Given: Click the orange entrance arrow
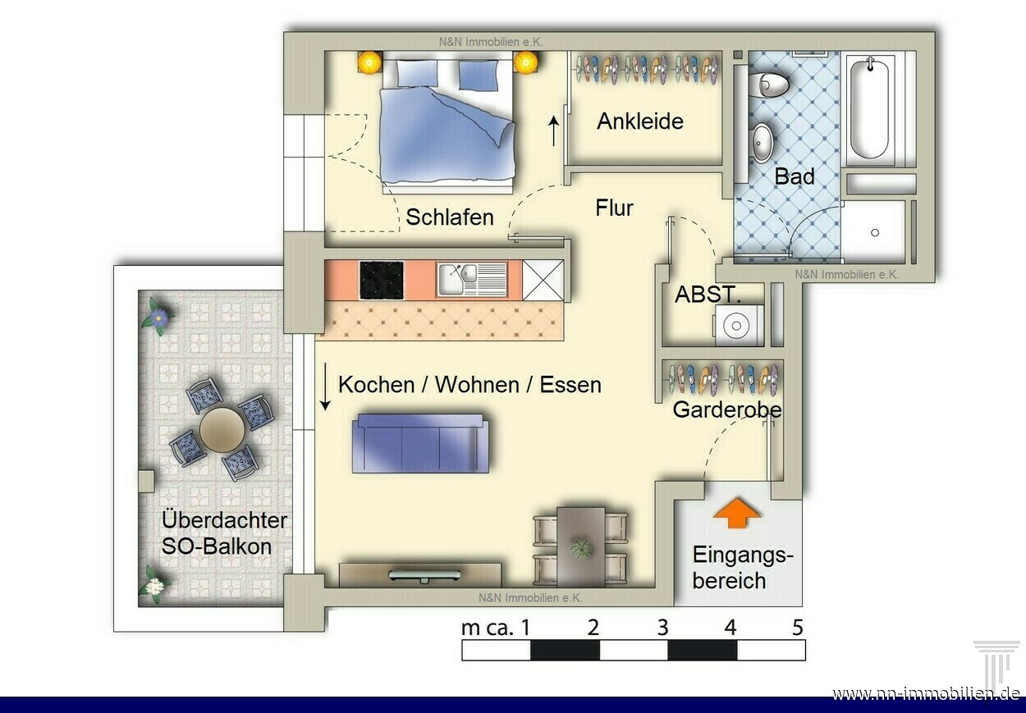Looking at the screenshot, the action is (x=737, y=513).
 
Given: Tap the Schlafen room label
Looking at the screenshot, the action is (x=450, y=217).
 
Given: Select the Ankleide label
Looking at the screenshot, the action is (x=640, y=121).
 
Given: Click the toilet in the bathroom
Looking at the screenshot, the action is (x=773, y=85).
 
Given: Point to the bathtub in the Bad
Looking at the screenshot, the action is (x=870, y=108).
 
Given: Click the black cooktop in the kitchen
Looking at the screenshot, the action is (x=382, y=281).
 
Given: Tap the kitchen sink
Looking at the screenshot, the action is (x=472, y=279).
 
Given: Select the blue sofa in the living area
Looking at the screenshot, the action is (x=420, y=443).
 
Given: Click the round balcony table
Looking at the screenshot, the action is (x=222, y=430).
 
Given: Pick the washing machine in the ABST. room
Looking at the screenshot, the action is (x=738, y=325).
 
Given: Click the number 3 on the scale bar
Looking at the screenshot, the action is (x=662, y=628).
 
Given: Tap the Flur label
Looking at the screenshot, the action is (x=614, y=208).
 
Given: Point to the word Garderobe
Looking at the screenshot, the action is (x=727, y=409).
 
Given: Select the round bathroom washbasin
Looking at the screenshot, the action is (x=763, y=143).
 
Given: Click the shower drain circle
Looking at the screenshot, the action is (x=875, y=233).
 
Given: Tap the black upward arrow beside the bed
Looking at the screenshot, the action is (x=554, y=131).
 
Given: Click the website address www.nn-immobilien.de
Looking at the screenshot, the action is (x=928, y=694).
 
